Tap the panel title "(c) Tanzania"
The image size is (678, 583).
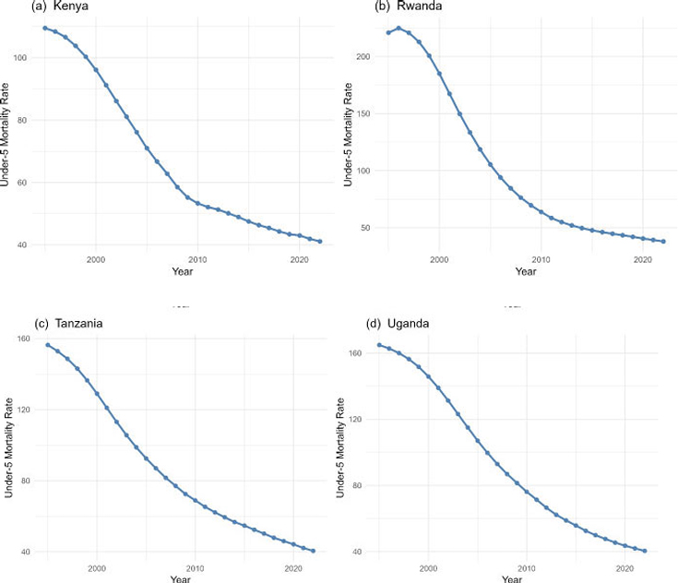[x=42, y=324]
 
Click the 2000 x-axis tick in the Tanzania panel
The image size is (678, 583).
[x=97, y=569]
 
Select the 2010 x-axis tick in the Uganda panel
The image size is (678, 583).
[x=526, y=569]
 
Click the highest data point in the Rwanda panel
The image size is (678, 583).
[x=398, y=28]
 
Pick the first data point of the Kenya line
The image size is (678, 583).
[x=45, y=28]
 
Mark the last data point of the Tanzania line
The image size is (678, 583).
[x=314, y=551]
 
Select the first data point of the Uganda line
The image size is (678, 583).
[x=379, y=345]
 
